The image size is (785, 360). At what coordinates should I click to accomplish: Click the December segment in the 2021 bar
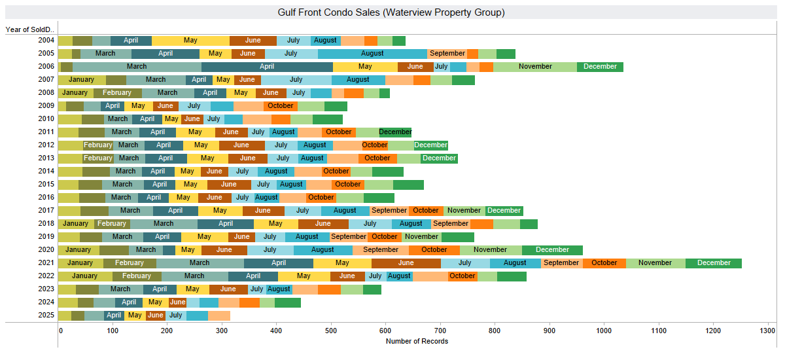pyautogui.click(x=714, y=263)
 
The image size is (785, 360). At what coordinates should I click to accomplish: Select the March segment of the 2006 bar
pyautogui.click(x=137, y=67)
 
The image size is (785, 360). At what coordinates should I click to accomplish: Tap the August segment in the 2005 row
pyautogui.click(x=372, y=54)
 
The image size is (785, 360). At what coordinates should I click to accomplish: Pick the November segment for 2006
pyautogui.click(x=535, y=67)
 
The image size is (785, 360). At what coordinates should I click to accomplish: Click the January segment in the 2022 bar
pyautogui.click(x=84, y=276)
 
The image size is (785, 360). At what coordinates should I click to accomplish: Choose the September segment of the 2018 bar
pyautogui.click(x=451, y=224)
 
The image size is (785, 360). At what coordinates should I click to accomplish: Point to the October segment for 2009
pyautogui.click(x=281, y=106)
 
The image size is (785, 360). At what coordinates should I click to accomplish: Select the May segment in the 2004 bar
pyautogui.click(x=190, y=41)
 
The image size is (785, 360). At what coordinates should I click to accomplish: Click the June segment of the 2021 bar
pyautogui.click(x=406, y=263)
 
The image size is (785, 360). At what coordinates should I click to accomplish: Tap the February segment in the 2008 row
pyautogui.click(x=117, y=93)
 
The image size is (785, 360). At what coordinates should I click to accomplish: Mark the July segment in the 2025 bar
pyautogui.click(x=175, y=315)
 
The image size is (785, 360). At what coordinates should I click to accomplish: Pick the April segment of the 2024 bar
pyautogui.click(x=129, y=302)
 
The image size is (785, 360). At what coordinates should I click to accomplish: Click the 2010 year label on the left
pyautogui.click(x=46, y=119)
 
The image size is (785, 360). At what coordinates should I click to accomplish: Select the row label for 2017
pyautogui.click(x=46, y=211)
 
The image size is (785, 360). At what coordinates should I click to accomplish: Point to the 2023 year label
pyautogui.click(x=46, y=289)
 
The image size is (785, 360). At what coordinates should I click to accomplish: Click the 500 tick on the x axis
pyautogui.click(x=330, y=332)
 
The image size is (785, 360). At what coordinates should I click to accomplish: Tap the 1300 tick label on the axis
pyautogui.click(x=767, y=332)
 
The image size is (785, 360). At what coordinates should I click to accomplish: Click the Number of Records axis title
pyautogui.click(x=417, y=342)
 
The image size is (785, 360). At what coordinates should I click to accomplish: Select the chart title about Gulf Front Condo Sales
pyautogui.click(x=391, y=12)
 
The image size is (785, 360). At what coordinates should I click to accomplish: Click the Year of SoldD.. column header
pyautogui.click(x=29, y=29)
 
